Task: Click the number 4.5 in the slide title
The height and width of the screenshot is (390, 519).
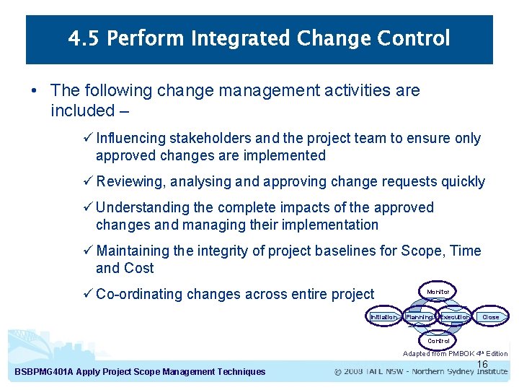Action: [84, 38]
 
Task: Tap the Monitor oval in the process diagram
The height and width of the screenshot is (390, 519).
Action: [438, 292]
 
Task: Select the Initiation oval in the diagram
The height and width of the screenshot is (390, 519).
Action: [383, 317]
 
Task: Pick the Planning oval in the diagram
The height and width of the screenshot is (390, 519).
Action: [419, 317]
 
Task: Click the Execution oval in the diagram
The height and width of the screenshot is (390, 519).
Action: [455, 317]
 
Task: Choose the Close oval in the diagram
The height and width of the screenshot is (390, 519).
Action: [490, 317]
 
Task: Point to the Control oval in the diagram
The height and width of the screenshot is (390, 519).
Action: [438, 341]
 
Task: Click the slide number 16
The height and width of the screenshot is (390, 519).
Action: [482, 365]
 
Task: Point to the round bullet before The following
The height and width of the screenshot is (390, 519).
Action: [35, 91]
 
